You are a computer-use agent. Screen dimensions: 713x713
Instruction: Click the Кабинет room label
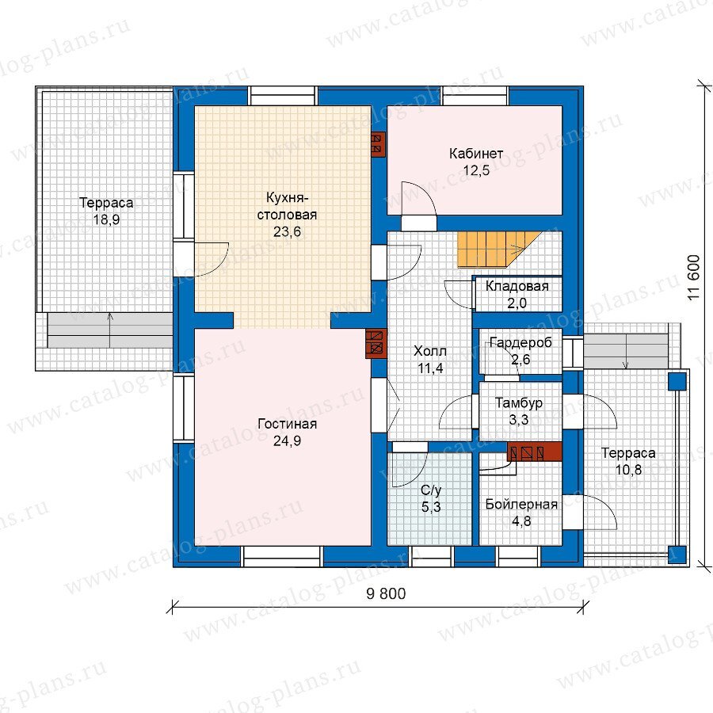pyautogui.click(x=476, y=154)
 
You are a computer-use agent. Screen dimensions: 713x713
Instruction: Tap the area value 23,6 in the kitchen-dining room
pyautogui.click(x=287, y=232)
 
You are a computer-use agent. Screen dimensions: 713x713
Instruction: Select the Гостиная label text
pyautogui.click(x=287, y=424)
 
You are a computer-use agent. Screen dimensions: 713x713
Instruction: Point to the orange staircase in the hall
pyautogui.click(x=499, y=250)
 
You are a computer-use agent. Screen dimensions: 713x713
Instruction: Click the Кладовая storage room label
pyautogui.click(x=517, y=286)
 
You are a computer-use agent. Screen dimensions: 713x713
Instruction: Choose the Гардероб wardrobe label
pyautogui.click(x=520, y=342)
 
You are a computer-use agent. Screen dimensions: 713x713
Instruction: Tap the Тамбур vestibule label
pyautogui.click(x=519, y=403)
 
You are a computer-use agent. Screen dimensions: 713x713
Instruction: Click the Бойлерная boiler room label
pyautogui.click(x=521, y=505)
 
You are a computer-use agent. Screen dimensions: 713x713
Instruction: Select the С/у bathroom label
pyautogui.click(x=431, y=490)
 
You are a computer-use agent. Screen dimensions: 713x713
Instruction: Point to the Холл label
pyautogui.click(x=430, y=351)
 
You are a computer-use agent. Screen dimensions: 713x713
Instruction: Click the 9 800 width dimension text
pyautogui.click(x=386, y=593)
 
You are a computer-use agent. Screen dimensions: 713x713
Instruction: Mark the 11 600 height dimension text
pyautogui.click(x=693, y=277)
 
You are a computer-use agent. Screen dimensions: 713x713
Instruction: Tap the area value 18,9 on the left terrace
pyautogui.click(x=106, y=220)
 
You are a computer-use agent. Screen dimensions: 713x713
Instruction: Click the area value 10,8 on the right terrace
pyautogui.click(x=628, y=470)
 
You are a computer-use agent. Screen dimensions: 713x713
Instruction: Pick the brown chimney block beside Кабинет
pyautogui.click(x=379, y=145)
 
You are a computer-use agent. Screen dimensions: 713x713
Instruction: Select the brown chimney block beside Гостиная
pyautogui.click(x=376, y=344)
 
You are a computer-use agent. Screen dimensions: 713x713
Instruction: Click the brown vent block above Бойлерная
pyautogui.click(x=534, y=452)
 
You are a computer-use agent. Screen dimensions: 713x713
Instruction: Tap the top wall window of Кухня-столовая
pyautogui.click(x=282, y=96)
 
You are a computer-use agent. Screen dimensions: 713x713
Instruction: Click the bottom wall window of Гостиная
pyautogui.click(x=281, y=556)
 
